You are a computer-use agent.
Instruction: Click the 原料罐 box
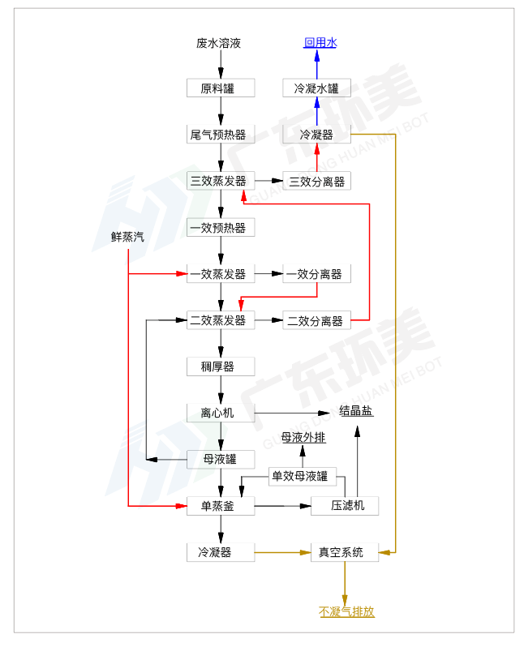(221, 88)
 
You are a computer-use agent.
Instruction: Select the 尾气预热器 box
(221, 134)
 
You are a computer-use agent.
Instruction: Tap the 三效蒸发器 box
(221, 181)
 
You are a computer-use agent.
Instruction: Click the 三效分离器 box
(316, 181)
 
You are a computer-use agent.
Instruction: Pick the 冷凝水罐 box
(316, 88)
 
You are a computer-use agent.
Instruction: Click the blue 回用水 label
(320, 43)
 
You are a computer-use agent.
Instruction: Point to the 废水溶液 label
(219, 43)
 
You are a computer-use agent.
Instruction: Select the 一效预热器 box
(221, 228)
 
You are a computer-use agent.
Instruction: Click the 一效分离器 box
(316, 274)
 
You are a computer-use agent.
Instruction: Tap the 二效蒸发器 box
(221, 320)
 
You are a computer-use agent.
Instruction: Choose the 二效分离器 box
(316, 320)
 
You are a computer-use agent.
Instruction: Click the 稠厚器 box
(221, 366)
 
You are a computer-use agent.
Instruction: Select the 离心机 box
(221, 413)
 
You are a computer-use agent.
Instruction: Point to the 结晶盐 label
(356, 411)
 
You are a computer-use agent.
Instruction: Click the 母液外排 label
(303, 438)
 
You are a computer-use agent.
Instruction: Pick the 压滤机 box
(345, 506)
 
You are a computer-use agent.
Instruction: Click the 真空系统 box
(345, 553)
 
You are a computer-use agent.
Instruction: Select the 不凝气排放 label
(347, 612)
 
